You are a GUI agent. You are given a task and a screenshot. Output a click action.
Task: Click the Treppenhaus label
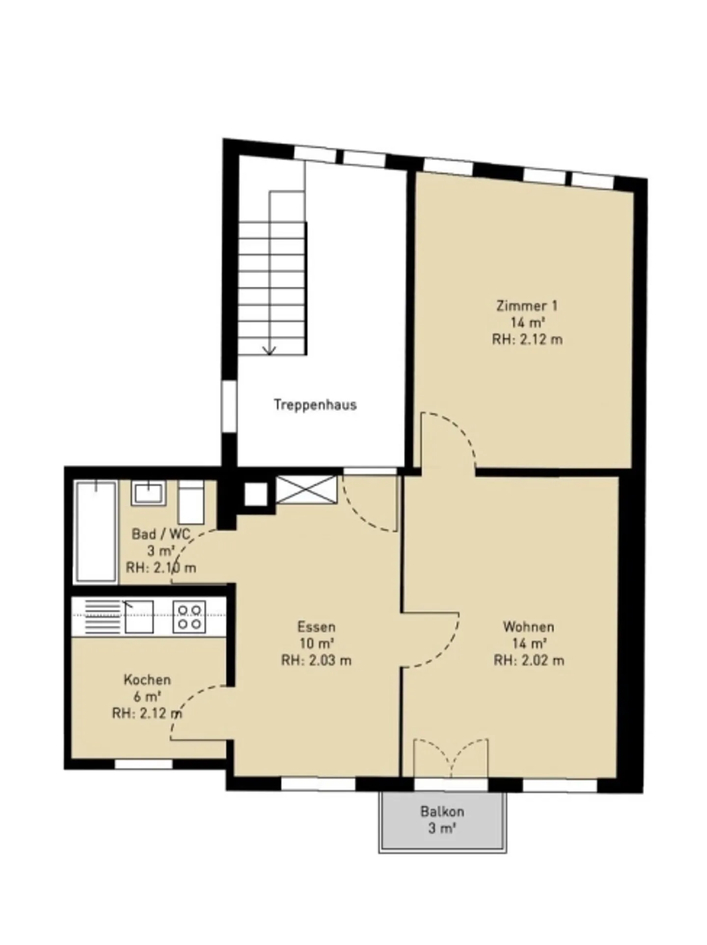pos(315,405)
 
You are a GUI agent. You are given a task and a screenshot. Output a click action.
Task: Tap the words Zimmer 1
pos(527,306)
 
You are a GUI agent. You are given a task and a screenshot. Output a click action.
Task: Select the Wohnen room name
pos(528,627)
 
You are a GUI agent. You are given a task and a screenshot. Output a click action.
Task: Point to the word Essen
pos(316,627)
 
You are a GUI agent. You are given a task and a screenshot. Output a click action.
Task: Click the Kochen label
pos(147,680)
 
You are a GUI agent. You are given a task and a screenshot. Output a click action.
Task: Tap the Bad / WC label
pos(161,534)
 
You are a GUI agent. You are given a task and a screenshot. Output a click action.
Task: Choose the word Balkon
pos(442,811)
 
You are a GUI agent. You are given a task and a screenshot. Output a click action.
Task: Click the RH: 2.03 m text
pos(316,661)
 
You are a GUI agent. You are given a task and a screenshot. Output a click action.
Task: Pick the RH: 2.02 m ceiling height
pos(529,661)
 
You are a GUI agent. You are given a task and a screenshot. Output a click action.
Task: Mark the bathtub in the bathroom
pos(96,531)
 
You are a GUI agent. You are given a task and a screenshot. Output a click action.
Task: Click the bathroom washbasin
pos(148,493)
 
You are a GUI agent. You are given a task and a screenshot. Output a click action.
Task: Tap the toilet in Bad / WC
pos(190,502)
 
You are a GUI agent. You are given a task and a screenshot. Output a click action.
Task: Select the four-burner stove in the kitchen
pos(190,616)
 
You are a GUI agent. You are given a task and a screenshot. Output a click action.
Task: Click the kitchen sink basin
pos(139,617)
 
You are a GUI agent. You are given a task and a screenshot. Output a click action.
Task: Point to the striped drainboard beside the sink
pos(103,616)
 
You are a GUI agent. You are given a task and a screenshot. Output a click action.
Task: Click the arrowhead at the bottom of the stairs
pos(270,350)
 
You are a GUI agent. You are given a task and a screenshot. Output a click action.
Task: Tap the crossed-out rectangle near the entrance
pos(307,489)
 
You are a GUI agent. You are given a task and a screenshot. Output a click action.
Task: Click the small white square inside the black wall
pos(256,494)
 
